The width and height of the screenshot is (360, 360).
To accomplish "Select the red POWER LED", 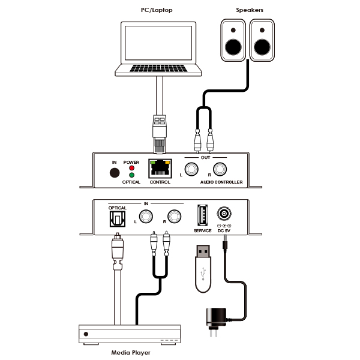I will [131, 168].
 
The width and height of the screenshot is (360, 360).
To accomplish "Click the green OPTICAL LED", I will [131, 175].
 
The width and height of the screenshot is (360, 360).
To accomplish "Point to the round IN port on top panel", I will [114, 173].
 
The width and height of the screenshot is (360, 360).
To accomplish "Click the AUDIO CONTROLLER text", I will [221, 182].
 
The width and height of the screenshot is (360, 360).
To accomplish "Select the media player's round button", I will [87, 334].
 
